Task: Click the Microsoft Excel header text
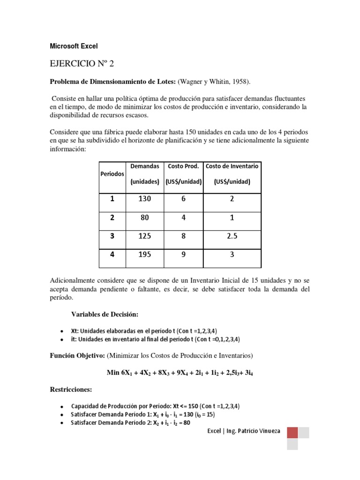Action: click(74, 46)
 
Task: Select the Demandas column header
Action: click(144, 166)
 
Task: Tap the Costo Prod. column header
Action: click(184, 166)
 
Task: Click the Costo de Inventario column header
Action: click(232, 166)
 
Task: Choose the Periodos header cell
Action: click(112, 173)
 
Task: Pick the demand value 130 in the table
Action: click(144, 199)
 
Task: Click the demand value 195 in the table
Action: click(144, 255)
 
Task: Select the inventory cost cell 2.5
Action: click(232, 236)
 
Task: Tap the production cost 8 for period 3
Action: click(184, 236)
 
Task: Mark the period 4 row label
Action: click(112, 255)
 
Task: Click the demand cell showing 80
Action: click(144, 217)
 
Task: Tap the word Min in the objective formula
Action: click(114, 373)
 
